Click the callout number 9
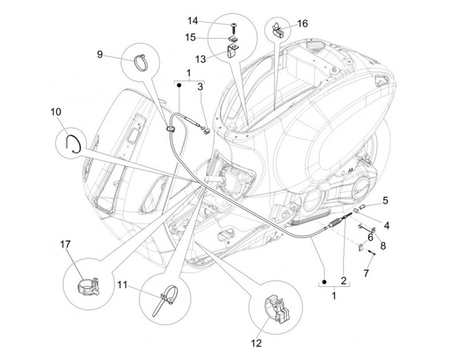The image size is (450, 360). (100, 54)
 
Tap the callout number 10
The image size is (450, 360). (56, 112)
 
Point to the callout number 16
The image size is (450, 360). (302, 24)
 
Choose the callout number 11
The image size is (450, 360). (122, 285)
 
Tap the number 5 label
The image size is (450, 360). (386, 200)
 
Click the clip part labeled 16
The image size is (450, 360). (277, 28)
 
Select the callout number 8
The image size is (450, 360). (383, 246)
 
